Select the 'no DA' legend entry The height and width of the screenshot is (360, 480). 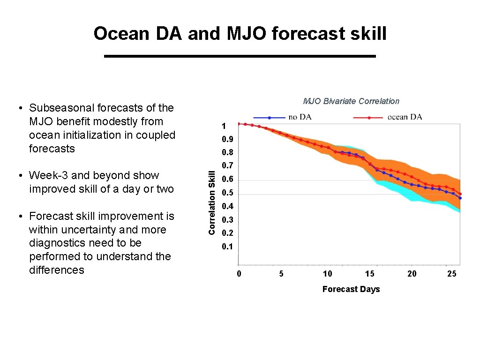pyautogui.click(x=299, y=117)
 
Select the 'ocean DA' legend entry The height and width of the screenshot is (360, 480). pyautogui.click(x=405, y=117)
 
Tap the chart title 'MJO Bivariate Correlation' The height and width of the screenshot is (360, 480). pyautogui.click(x=351, y=101)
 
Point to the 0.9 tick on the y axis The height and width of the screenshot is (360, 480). pyautogui.click(x=227, y=140)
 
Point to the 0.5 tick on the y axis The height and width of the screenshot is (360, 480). pyautogui.click(x=227, y=193)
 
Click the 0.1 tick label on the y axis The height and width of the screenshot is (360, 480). pyautogui.click(x=227, y=247)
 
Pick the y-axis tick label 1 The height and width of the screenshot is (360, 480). pyautogui.click(x=224, y=126)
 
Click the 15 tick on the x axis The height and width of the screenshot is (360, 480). pyautogui.click(x=370, y=274)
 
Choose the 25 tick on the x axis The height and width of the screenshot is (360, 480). pyautogui.click(x=451, y=274)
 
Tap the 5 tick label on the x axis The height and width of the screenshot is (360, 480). pyautogui.click(x=281, y=274)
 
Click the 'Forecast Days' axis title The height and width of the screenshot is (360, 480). pyautogui.click(x=351, y=289)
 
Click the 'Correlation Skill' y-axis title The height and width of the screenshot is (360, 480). pyautogui.click(x=212, y=202)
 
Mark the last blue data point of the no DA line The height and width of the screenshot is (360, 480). pyautogui.click(x=460, y=198)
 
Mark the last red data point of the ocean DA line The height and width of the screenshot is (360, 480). pyautogui.click(x=460, y=194)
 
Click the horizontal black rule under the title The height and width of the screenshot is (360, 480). pyautogui.click(x=240, y=56)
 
